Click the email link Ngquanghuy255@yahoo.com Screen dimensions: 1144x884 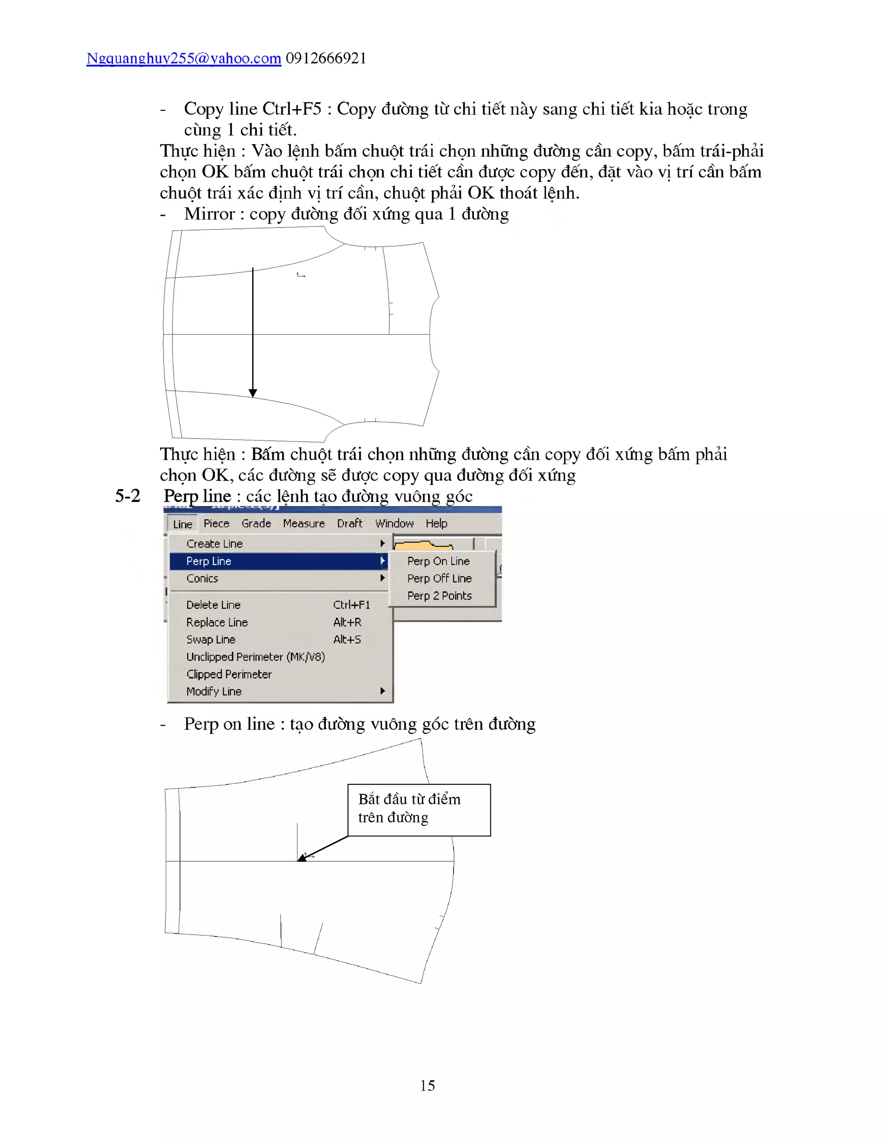[x=183, y=58]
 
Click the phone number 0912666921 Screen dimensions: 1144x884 [x=326, y=58]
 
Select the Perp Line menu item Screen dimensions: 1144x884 [x=208, y=561]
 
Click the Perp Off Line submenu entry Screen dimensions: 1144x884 [x=439, y=578]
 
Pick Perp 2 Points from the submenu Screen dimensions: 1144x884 [x=439, y=596]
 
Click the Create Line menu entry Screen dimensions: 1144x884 [x=214, y=544]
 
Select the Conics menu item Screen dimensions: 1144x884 [x=202, y=578]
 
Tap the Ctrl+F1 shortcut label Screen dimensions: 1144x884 [x=351, y=604]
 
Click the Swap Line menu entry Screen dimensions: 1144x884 [x=211, y=640]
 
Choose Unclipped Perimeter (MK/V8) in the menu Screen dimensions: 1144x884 [x=255, y=657]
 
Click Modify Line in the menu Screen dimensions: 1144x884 [x=214, y=692]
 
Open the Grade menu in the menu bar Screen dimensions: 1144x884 [x=256, y=523]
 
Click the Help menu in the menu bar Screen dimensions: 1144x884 [x=436, y=523]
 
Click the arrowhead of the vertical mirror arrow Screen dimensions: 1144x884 [x=253, y=393]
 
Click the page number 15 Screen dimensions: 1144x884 [x=427, y=1085]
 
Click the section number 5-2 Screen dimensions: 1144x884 [x=127, y=496]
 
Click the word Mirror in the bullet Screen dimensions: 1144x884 [x=209, y=214]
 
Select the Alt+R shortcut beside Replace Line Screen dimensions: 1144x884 [x=347, y=622]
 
